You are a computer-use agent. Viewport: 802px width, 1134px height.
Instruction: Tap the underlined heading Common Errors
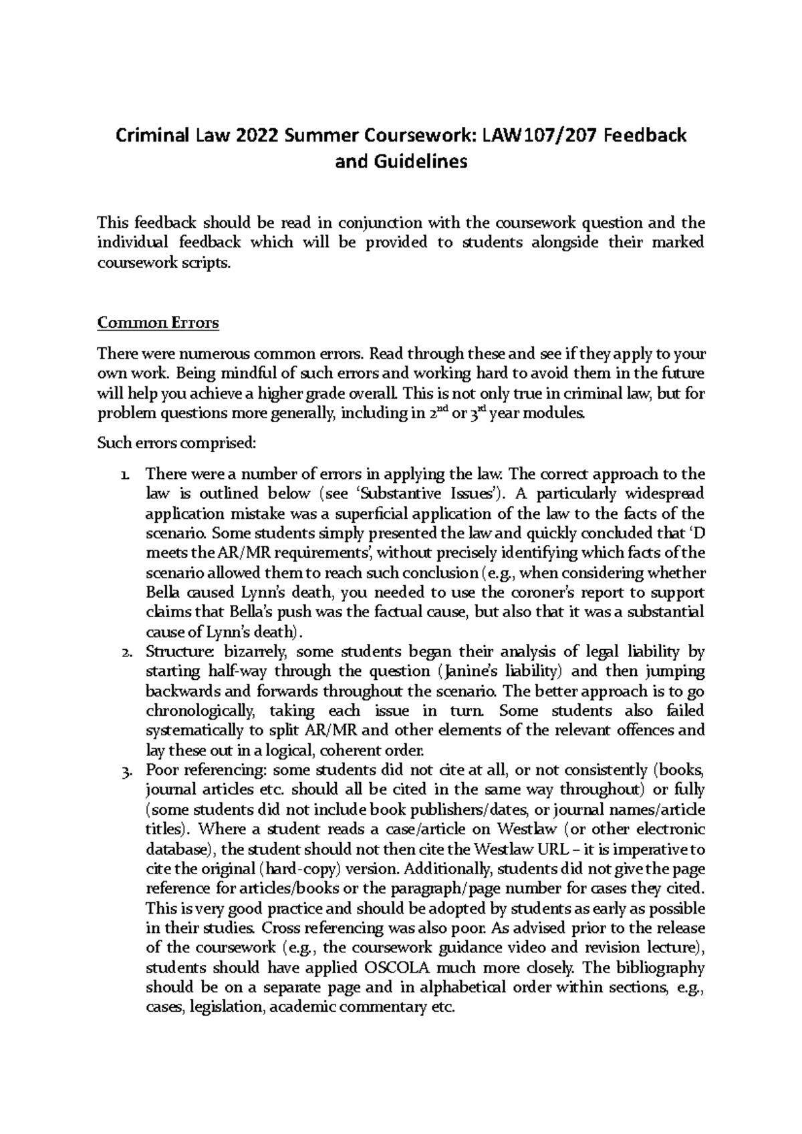pyautogui.click(x=158, y=323)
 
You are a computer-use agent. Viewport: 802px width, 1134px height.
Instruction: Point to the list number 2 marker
pyautogui.click(x=126, y=652)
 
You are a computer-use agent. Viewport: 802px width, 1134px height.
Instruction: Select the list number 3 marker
pyautogui.click(x=126, y=771)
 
